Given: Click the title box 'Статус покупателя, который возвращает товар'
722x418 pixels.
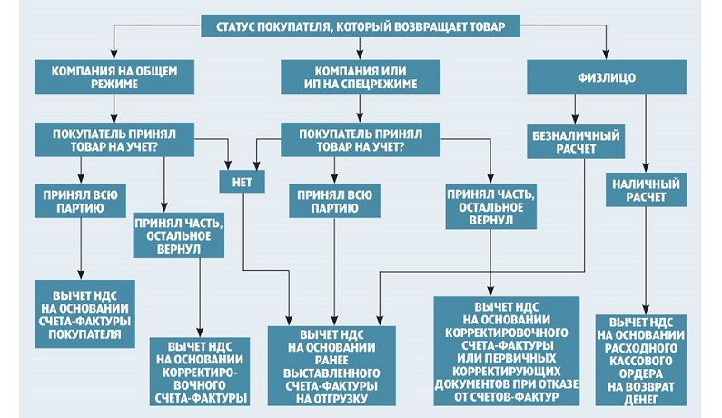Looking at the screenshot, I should coord(360,25).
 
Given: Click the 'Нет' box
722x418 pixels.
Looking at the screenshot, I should coord(242,181).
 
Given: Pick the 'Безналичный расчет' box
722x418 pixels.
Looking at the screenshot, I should coord(574,144).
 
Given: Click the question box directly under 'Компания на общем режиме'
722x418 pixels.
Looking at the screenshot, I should coord(116,139).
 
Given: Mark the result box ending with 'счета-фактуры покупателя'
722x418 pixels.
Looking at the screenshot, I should coord(84,314).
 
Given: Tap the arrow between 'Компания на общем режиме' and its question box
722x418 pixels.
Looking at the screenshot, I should coord(116,107).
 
